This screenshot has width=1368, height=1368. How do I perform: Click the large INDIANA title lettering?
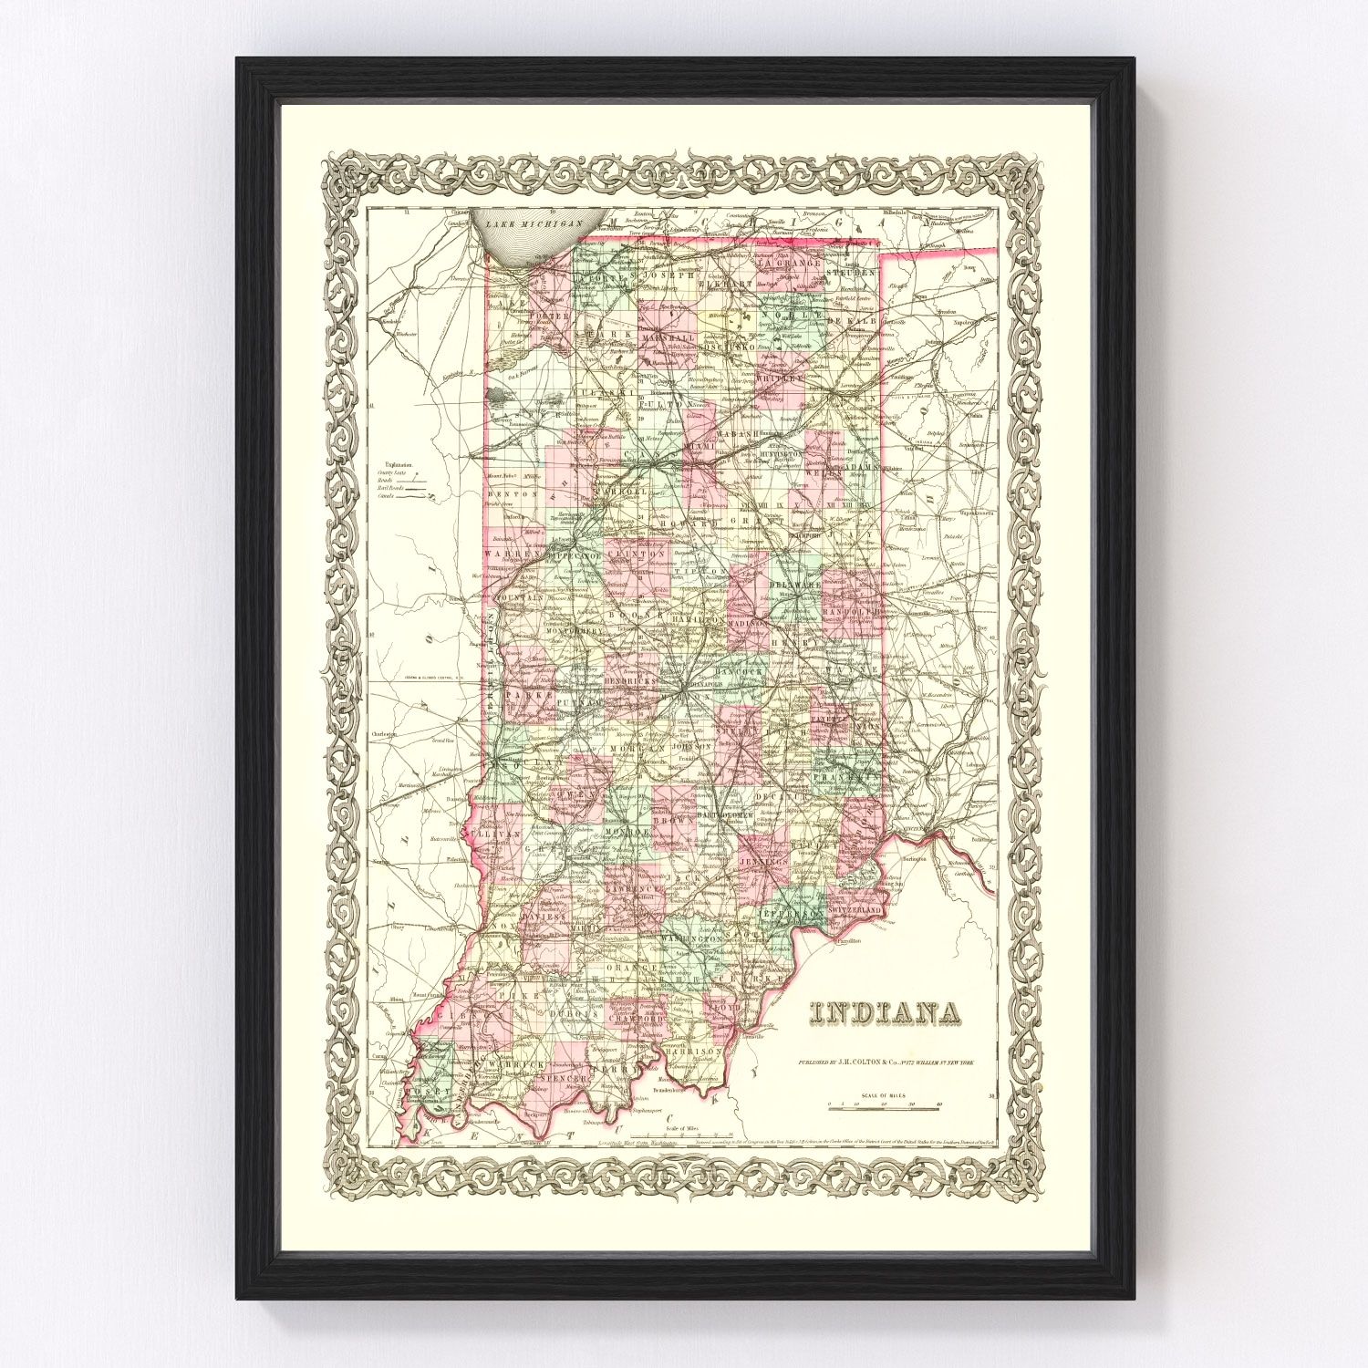pyautogui.click(x=885, y=1014)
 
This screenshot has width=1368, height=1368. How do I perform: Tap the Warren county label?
pyautogui.click(x=507, y=554)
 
